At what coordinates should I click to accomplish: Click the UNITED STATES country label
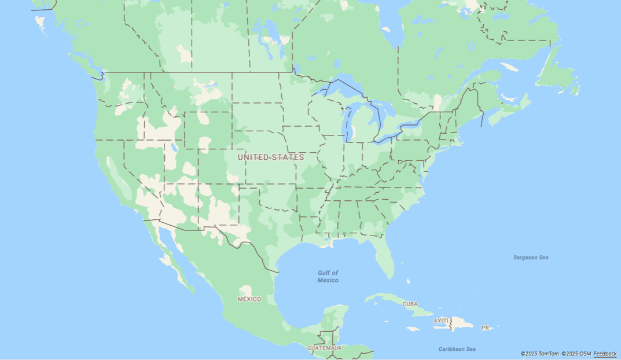pyautogui.click(x=270, y=157)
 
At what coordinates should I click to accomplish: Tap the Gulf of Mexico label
pyautogui.click(x=328, y=276)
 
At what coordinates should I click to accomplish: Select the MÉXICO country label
pyautogui.click(x=249, y=299)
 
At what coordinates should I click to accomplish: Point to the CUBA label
pyautogui.click(x=410, y=304)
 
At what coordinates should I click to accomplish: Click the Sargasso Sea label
pyautogui.click(x=530, y=257)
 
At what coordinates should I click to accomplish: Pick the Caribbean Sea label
pyautogui.click(x=457, y=349)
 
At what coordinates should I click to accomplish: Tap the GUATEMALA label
pyautogui.click(x=324, y=348)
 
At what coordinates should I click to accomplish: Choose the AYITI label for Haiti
pyautogui.click(x=441, y=320)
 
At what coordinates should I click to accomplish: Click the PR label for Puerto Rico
pyautogui.click(x=485, y=328)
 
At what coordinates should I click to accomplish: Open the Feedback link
pyautogui.click(x=605, y=354)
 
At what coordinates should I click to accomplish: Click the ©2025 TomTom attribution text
pyautogui.click(x=539, y=354)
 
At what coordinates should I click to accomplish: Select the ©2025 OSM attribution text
pyautogui.click(x=576, y=354)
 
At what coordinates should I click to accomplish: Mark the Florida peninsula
pyautogui.click(x=384, y=257)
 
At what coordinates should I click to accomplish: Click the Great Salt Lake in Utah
pyautogui.click(x=172, y=146)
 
